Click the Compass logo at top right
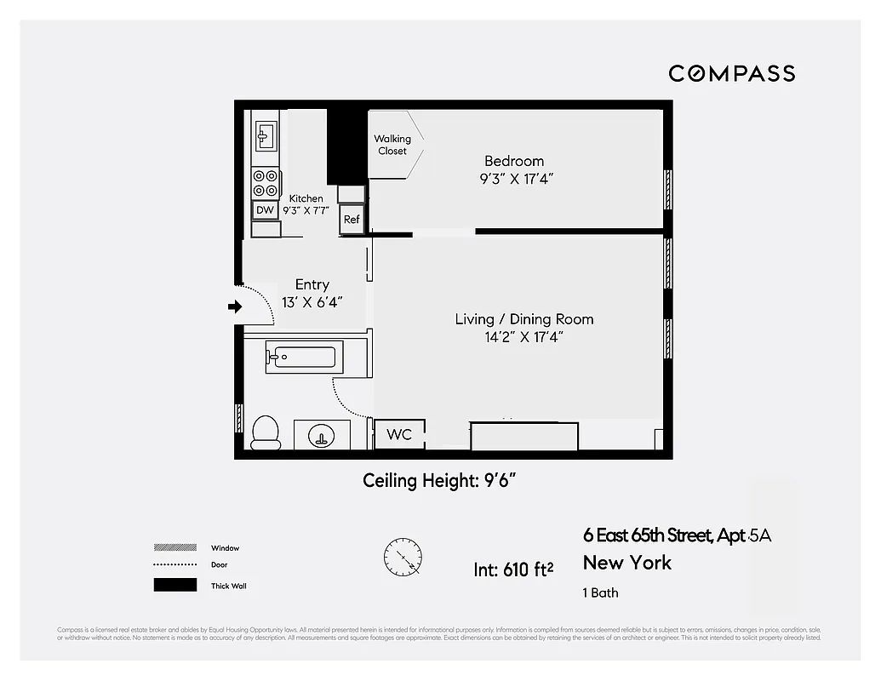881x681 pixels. pos(731,73)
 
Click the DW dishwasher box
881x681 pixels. pos(265,209)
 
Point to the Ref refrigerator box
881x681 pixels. pos(352,220)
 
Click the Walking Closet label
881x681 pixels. pos(392,145)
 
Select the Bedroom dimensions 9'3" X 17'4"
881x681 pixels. pos(513,179)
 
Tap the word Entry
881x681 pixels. pos(312,284)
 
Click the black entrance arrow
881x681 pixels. pos(235,306)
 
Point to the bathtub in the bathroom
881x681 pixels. pos(304,357)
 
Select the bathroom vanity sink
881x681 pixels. pos(322,436)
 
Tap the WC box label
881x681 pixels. pos(399,435)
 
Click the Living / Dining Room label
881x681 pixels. pos(523,319)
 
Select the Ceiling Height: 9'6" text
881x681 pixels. pos(440,481)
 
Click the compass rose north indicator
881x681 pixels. pos(402,558)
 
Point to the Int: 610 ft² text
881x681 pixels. pos(514,568)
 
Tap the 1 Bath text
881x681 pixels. pos(601,592)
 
